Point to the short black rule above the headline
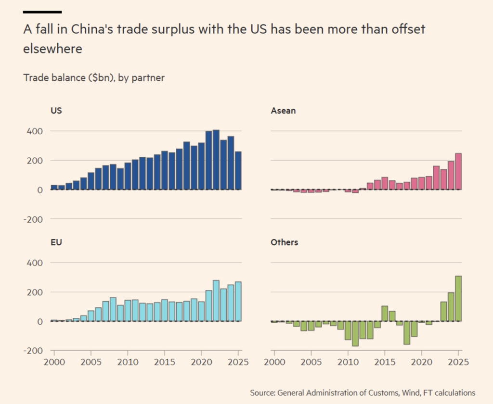coord(42,12)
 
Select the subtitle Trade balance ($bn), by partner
coord(94,77)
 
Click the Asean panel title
coord(284,111)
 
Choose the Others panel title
coord(285,242)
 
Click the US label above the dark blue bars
coord(56,111)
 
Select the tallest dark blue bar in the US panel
coord(216,160)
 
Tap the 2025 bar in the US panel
coord(238,171)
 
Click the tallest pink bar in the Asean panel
coord(458,172)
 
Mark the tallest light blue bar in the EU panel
coord(216,301)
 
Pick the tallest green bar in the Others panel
coord(458,299)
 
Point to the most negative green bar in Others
coord(355,333)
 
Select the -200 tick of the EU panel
coord(34,351)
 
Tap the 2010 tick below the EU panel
coord(127,361)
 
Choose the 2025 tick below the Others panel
coord(458,361)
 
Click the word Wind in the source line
coord(410,392)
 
